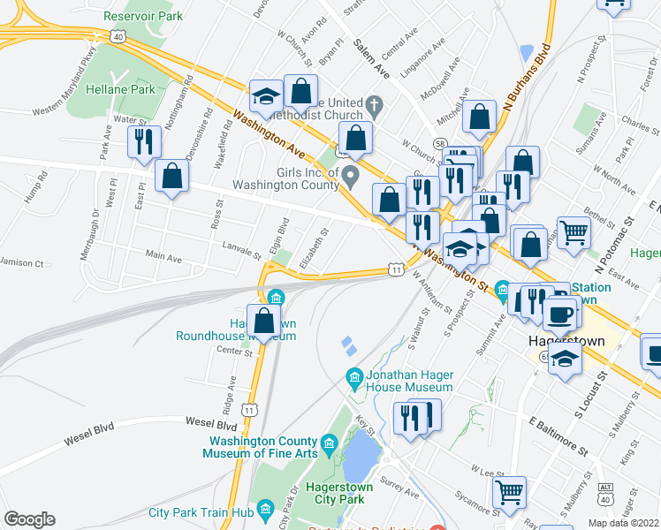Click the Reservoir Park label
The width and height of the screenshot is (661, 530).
click(142, 16)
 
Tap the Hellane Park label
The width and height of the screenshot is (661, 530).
click(121, 88)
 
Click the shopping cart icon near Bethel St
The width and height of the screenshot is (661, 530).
click(574, 233)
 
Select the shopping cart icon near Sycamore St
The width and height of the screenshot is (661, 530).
click(510, 493)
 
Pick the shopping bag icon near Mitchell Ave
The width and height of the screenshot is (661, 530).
click(479, 116)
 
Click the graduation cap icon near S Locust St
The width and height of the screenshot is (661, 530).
click(566, 359)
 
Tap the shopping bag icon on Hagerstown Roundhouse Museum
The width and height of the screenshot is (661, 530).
click(263, 321)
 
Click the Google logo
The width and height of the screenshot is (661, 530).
click(30, 519)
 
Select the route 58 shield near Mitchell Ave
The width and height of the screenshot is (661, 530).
click(439, 141)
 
